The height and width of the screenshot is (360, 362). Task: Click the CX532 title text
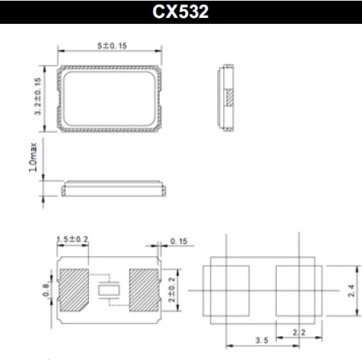tap(181, 12)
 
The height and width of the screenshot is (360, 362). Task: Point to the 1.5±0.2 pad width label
tap(72, 240)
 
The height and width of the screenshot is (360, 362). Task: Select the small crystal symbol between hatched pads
tap(108, 288)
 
